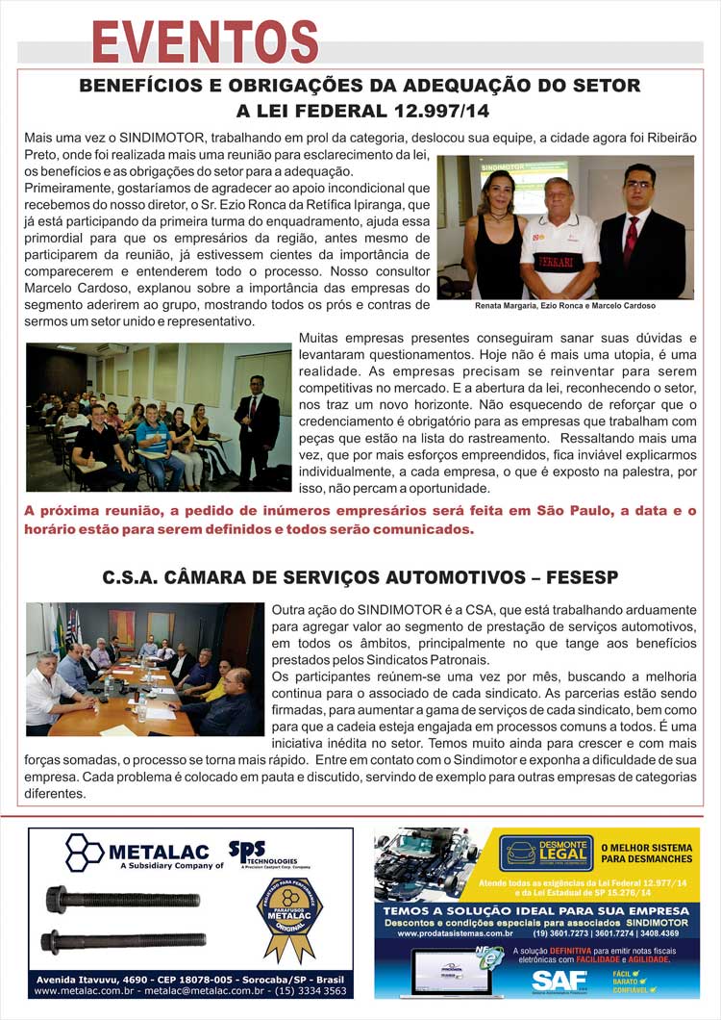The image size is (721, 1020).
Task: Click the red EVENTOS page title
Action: pos(205,42)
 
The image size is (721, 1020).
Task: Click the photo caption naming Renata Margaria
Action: pos(565,306)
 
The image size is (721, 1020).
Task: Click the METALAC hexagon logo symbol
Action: pos(85,853)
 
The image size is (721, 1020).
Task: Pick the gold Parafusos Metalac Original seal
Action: pos(288,915)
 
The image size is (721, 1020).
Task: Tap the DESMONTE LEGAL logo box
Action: pos(546,853)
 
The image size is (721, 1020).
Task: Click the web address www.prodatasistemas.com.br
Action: pos(455,932)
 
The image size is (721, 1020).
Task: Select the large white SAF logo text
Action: pos(560,980)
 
